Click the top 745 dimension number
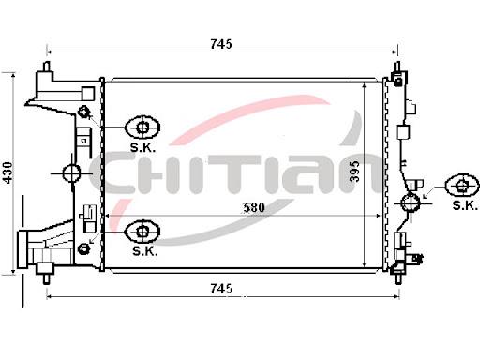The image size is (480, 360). [x=221, y=44]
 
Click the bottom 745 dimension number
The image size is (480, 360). [x=221, y=289]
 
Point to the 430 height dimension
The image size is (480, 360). [x=7, y=172]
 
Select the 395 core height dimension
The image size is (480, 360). [x=355, y=172]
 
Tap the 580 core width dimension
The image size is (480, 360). [x=254, y=207]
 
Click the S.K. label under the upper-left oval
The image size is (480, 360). [x=142, y=147]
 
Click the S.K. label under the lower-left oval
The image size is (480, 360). [x=145, y=251]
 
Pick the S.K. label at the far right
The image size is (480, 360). [x=465, y=205]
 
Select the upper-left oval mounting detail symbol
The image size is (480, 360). [x=142, y=127]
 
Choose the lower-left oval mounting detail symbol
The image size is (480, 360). [x=142, y=232]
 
